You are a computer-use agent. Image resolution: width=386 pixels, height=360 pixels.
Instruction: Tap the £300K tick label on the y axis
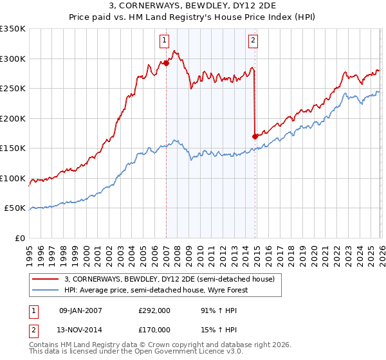13,59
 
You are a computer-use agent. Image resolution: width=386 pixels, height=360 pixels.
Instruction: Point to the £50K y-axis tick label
15,208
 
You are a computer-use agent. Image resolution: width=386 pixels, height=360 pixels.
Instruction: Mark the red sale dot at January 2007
166,63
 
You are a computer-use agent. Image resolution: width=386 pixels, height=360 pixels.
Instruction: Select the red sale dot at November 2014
255,136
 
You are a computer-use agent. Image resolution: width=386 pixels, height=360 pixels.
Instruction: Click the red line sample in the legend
46,279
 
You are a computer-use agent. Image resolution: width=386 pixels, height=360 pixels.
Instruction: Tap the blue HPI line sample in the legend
46,290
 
